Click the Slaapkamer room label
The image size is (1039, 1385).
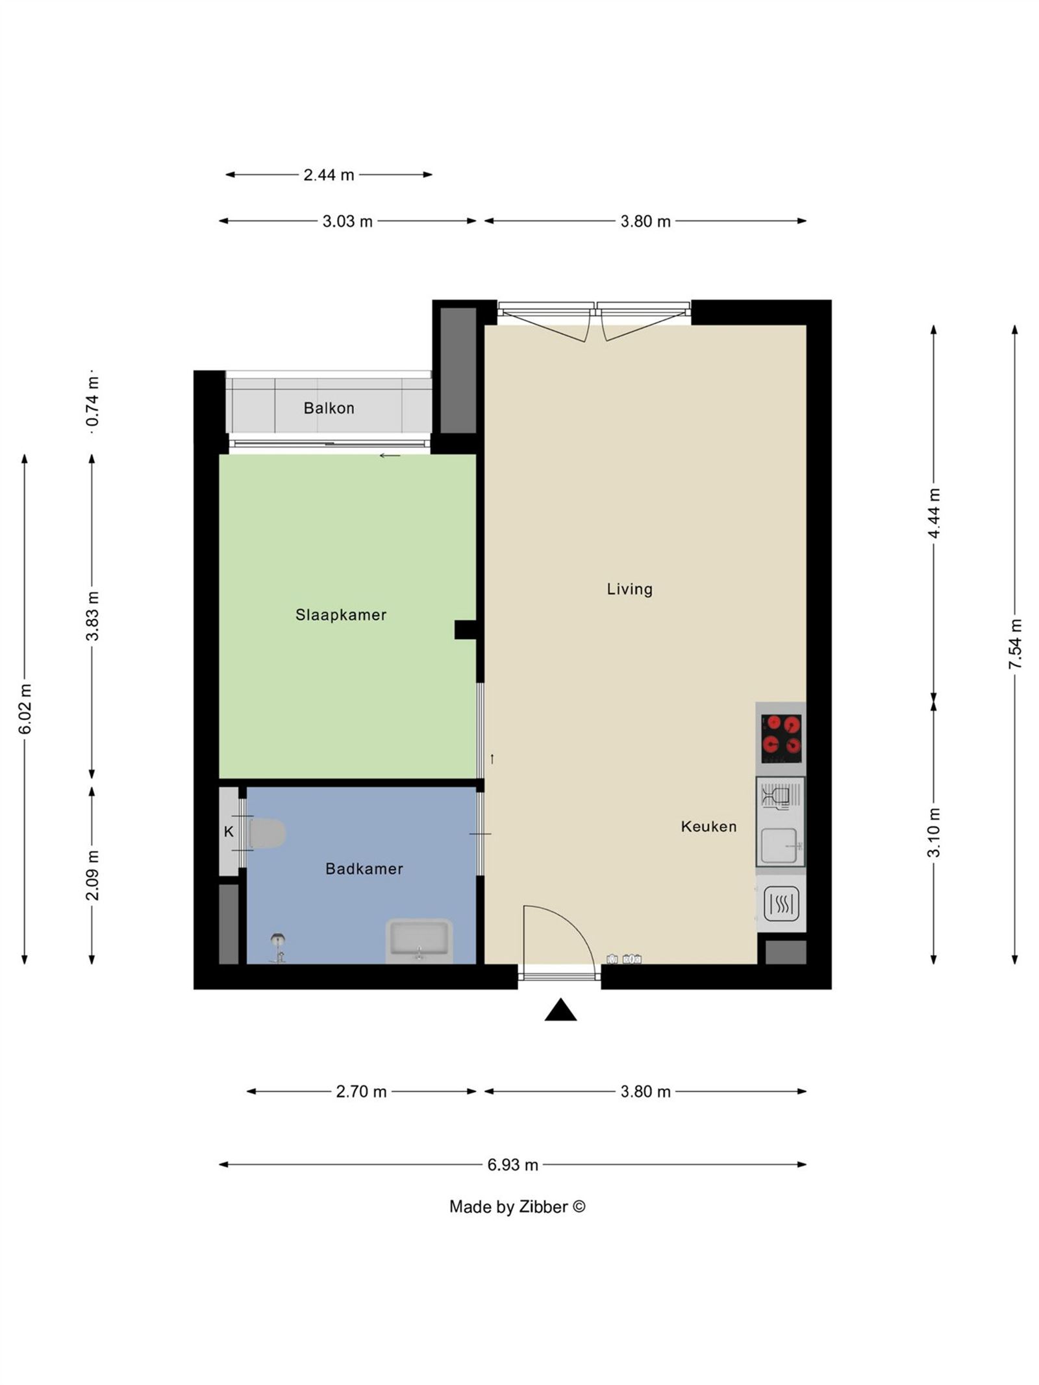pos(340,614)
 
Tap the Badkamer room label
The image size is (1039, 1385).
pos(364,868)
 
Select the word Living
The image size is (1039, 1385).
pos(629,589)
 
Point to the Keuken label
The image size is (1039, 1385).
pos(708,826)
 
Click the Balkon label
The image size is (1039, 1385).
pos(329,408)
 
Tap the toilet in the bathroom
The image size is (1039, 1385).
pos(267,833)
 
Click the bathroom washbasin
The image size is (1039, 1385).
pos(419,940)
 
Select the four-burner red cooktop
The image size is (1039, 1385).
pos(781,738)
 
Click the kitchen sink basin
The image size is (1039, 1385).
pos(779,845)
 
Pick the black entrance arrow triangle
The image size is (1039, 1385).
pos(560,1011)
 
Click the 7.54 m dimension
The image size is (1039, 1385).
pos(1015,643)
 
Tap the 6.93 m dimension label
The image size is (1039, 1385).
pos(512,1164)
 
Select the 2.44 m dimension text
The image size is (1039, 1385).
pos(329,175)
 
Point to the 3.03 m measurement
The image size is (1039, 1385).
pos(347,221)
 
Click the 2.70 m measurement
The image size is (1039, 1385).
pos(361,1092)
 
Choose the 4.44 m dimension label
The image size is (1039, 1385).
pos(934,513)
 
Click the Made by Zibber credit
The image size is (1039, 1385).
pos(517,1206)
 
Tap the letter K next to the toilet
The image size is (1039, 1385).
pos(229,831)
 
